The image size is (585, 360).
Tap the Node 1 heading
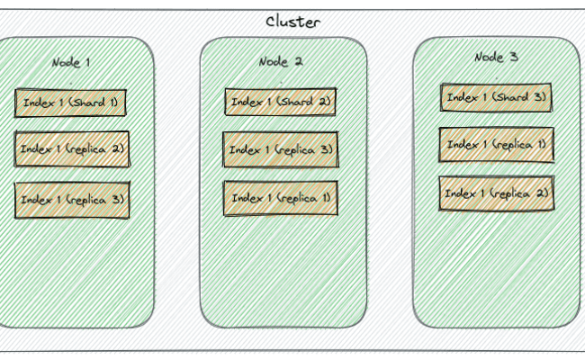[x=71, y=62]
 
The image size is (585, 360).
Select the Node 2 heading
[x=280, y=61]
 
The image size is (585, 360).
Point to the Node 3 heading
[x=496, y=57]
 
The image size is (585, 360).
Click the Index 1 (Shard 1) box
[x=70, y=103]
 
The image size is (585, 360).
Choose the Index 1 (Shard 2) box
[x=280, y=102]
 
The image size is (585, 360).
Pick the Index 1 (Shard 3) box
[x=496, y=97]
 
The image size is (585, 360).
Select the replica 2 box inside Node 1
[x=72, y=148]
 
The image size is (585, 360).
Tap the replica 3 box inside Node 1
[x=72, y=200]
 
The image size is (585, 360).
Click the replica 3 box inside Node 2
[x=280, y=149]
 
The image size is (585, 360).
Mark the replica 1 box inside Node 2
[x=280, y=198]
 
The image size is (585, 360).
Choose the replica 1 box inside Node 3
[x=496, y=144]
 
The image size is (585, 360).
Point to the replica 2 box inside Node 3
[x=496, y=193]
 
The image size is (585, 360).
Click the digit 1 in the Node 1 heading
[x=87, y=62]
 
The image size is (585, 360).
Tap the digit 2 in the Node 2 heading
[x=298, y=61]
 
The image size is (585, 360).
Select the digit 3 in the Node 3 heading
[x=514, y=57]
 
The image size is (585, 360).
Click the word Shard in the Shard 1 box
[x=86, y=103]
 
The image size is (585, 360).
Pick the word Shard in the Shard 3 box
[x=512, y=97]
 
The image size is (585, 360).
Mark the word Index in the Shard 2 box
[x=245, y=102]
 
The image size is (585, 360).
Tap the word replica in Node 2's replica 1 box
[x=292, y=198]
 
